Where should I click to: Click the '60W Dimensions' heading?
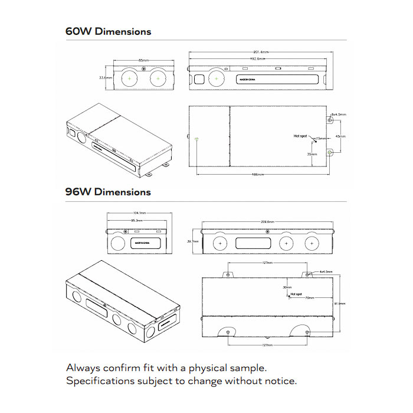[108, 32]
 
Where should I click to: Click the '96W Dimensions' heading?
[108, 192]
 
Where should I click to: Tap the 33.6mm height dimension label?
[106, 78]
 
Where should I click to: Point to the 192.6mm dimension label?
[257, 59]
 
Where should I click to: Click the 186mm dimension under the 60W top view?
[257, 175]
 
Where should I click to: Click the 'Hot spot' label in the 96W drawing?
[296, 293]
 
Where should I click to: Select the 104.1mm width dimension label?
[139, 214]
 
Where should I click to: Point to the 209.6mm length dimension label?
[267, 222]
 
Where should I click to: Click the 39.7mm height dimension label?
[191, 242]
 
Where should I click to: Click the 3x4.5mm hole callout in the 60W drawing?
[339, 114]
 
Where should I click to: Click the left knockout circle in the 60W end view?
[130, 78]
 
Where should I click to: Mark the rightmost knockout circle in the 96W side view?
[310, 243]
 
